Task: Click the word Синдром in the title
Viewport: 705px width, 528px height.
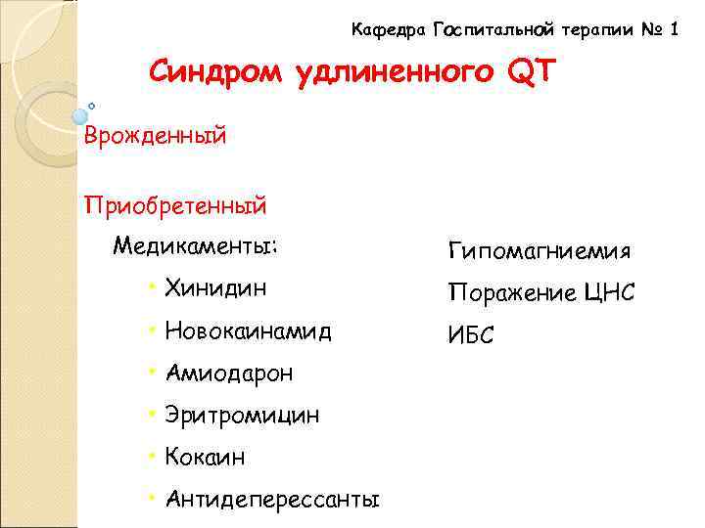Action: (216, 72)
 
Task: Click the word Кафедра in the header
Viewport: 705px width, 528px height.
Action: (388, 30)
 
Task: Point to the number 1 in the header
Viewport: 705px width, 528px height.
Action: (674, 30)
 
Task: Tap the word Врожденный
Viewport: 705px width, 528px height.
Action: (156, 136)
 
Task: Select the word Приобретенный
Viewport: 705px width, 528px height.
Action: (175, 206)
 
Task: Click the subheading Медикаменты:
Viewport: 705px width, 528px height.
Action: (196, 244)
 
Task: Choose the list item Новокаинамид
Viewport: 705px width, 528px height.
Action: (249, 330)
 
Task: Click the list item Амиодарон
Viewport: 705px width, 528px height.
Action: (228, 373)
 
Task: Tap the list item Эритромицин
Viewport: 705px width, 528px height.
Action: (242, 416)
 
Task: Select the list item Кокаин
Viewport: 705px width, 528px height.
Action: (205, 458)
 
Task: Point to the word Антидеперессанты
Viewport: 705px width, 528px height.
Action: (272, 501)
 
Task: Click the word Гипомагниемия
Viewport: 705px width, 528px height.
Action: (540, 252)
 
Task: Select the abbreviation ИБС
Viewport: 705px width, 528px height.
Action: (471, 335)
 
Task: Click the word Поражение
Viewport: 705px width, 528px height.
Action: (507, 293)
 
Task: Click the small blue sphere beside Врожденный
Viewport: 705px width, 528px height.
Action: (80, 116)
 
